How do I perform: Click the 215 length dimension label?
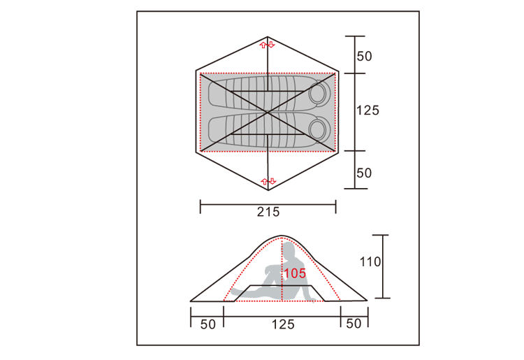(x=268, y=212)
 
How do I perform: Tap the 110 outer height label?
(x=370, y=261)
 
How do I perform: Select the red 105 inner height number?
(x=295, y=273)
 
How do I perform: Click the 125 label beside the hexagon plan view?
(x=367, y=110)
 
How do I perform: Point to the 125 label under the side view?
(x=283, y=324)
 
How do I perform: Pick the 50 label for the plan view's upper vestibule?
(x=364, y=56)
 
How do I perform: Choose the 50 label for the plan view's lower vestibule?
(x=364, y=173)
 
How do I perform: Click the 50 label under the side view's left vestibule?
(x=208, y=324)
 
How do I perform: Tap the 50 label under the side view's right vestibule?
(x=354, y=324)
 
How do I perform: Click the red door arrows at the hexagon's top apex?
(x=268, y=45)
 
